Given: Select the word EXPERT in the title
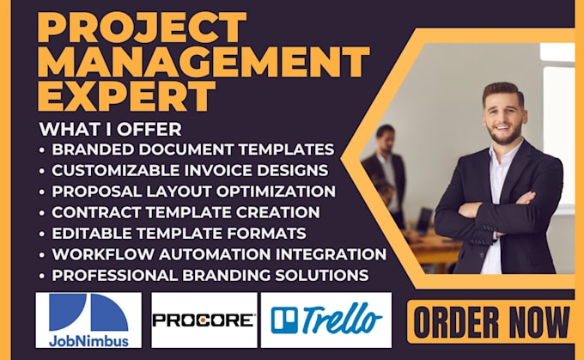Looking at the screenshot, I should (x=127, y=95).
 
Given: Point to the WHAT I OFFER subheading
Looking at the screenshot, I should (x=110, y=130).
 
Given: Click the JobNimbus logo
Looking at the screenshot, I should (x=88, y=319).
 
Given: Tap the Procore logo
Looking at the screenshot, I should (x=204, y=320).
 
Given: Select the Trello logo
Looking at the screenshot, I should (x=326, y=320).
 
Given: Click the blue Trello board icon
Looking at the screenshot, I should (x=284, y=320).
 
